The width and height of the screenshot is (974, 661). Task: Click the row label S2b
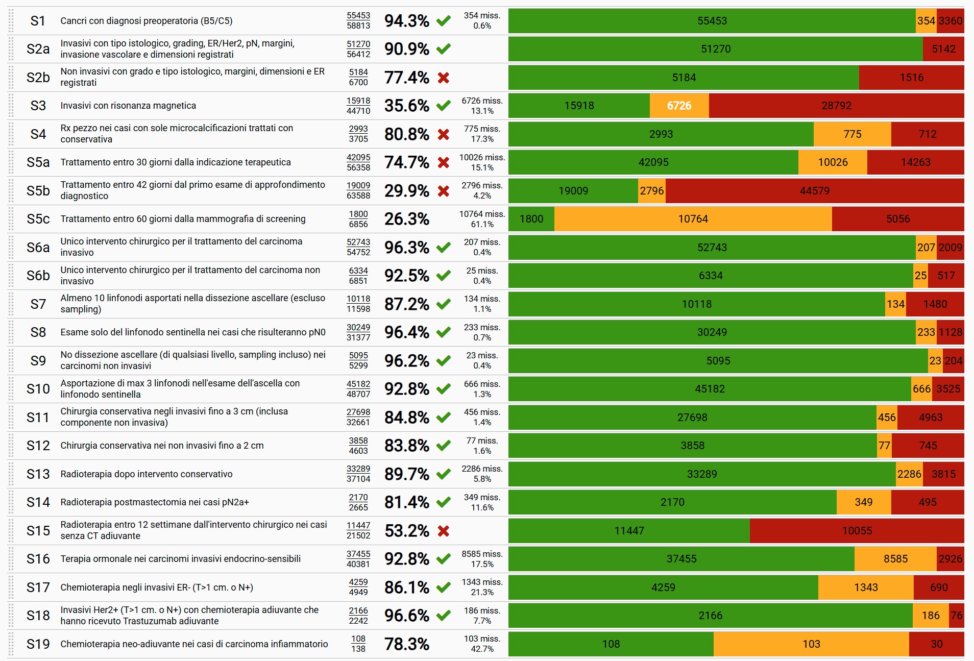coord(38,78)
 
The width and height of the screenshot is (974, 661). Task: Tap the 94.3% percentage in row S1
coord(406,21)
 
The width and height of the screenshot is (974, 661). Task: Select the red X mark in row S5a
coord(444,162)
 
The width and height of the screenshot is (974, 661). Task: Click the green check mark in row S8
coord(444,332)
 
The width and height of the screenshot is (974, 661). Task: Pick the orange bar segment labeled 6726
coord(679,106)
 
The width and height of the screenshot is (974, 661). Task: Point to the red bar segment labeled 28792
coord(836,106)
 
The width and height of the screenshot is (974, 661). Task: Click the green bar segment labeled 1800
coord(531,219)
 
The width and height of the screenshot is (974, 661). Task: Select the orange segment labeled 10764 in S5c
coord(693,219)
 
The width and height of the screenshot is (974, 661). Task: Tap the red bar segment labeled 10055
coord(857,531)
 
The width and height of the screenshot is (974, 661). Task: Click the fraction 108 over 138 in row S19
coord(358,644)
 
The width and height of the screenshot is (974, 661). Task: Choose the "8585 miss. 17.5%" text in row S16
coord(482,559)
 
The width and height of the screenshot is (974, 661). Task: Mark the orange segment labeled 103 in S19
coord(811,644)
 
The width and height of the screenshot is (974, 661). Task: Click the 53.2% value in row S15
coord(406,531)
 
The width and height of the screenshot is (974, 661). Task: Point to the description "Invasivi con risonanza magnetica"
coord(128,106)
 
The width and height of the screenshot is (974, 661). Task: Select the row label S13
coord(38,474)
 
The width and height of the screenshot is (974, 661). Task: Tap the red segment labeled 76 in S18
coord(956,616)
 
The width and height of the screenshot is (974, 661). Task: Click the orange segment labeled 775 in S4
coord(852,134)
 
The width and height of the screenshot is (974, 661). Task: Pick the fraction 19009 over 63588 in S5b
coord(358,191)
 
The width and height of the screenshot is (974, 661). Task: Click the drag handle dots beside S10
coord(11,389)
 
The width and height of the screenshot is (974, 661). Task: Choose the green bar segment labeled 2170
coord(672,502)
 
